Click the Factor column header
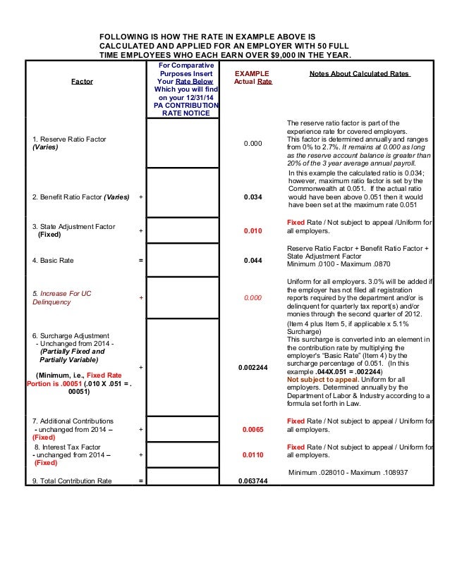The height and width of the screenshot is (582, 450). coord(82,82)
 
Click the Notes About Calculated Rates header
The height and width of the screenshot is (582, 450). coord(361,73)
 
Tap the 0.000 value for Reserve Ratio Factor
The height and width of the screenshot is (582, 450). coord(253,144)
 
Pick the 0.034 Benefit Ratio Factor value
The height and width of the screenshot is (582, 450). coord(253,197)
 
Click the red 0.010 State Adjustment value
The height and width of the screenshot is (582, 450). coord(253,230)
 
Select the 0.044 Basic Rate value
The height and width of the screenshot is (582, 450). coord(253,261)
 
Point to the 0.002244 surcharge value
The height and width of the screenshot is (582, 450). coord(253,367)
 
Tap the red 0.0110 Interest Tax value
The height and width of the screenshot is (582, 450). coord(253,455)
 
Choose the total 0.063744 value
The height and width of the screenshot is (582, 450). coord(253,481)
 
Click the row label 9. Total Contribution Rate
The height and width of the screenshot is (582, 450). coord(72,481)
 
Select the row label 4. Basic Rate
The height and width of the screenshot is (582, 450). coord(53,261)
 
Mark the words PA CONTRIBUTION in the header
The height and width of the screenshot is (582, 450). coord(186,106)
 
